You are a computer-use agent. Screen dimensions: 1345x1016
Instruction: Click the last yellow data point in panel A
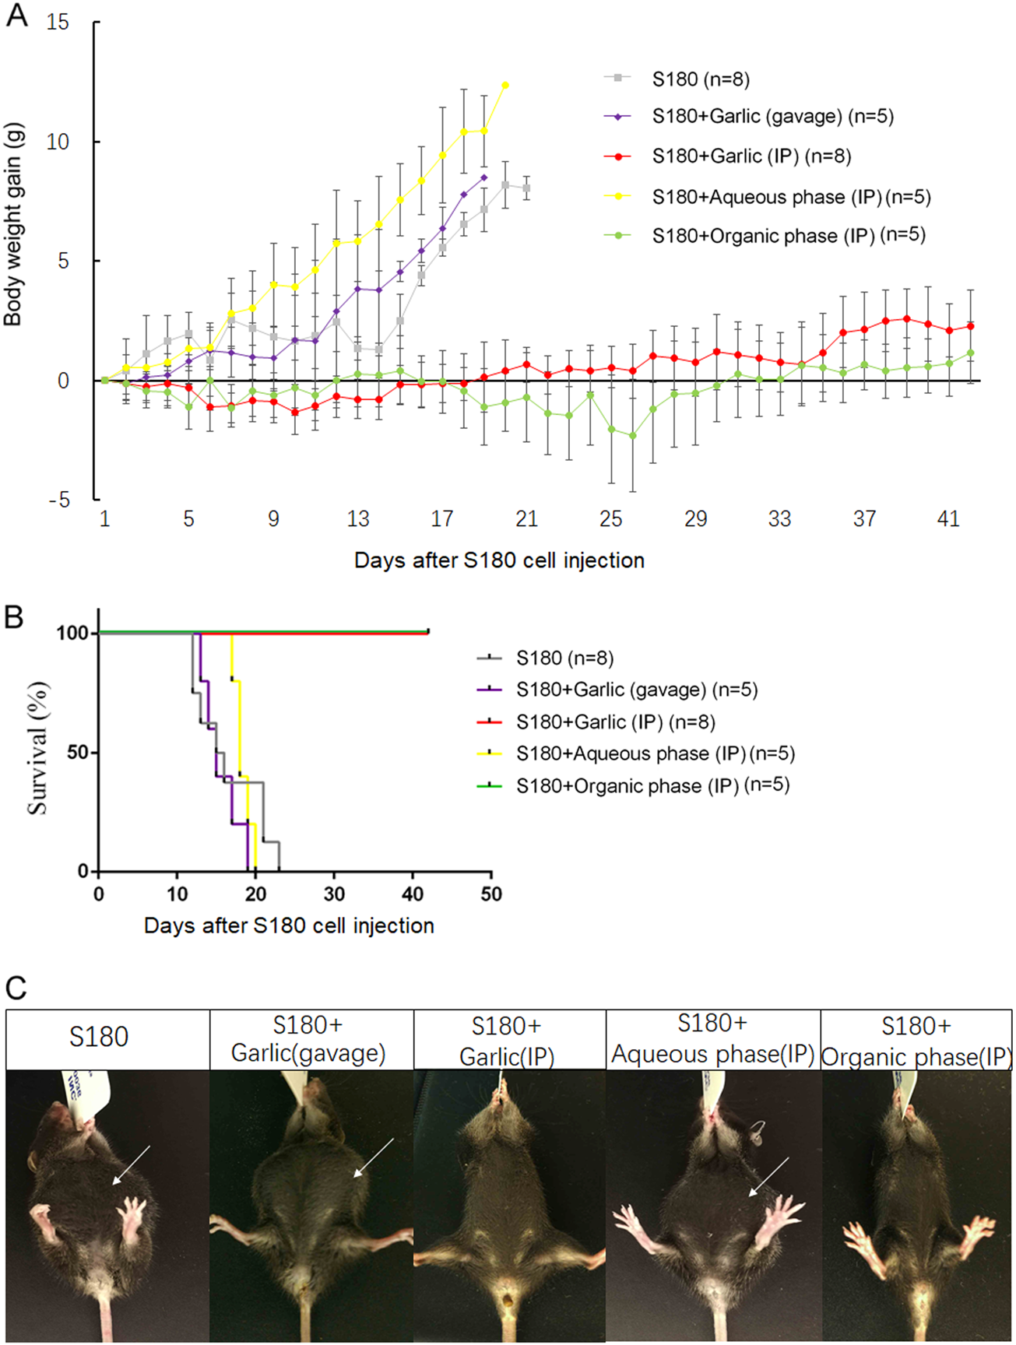click(x=505, y=85)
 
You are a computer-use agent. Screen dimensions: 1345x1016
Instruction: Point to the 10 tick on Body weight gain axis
click(x=58, y=142)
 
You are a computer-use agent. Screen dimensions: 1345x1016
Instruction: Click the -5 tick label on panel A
click(x=58, y=500)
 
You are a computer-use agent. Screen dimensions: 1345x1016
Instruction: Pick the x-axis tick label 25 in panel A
click(x=611, y=519)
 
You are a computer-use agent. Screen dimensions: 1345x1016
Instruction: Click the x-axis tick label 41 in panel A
click(x=948, y=519)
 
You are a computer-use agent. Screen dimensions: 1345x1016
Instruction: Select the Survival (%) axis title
click(x=37, y=749)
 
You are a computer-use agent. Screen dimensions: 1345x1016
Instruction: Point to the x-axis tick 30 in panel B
click(x=334, y=894)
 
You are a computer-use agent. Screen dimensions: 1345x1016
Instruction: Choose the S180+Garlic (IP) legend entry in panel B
click(x=615, y=722)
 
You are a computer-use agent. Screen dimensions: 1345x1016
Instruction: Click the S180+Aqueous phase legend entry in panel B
click(x=655, y=754)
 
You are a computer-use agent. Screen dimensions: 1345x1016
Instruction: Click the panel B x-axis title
click(x=289, y=926)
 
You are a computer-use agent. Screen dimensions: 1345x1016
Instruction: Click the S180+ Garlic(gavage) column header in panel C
click(x=309, y=1040)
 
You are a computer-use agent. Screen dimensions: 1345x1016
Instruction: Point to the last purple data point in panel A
click(x=484, y=177)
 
